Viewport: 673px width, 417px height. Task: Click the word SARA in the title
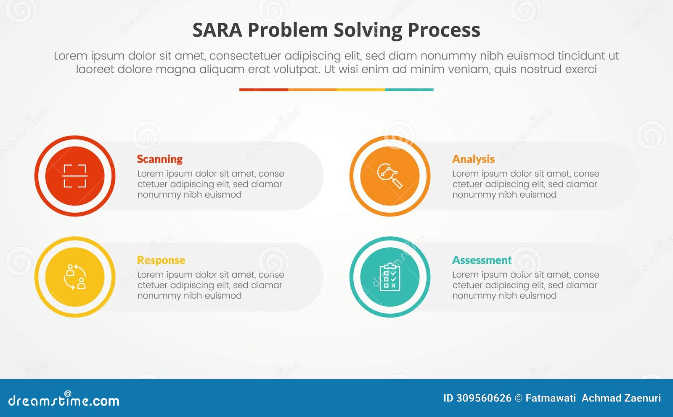click(217, 30)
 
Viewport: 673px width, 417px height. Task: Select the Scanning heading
click(160, 159)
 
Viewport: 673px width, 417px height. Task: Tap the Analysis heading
click(473, 159)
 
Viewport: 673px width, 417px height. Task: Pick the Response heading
click(161, 260)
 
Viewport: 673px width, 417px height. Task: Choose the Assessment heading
click(482, 260)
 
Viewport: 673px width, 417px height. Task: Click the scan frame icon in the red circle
click(75, 176)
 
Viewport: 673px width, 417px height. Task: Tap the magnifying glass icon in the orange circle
click(390, 176)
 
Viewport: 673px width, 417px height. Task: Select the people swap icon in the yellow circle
click(75, 277)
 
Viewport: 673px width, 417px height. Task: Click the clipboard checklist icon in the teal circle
click(390, 277)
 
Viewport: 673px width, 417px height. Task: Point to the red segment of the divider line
click(263, 90)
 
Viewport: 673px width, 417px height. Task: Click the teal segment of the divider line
click(409, 90)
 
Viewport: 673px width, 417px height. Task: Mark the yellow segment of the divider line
click(360, 90)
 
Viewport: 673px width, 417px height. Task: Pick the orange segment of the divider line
click(312, 90)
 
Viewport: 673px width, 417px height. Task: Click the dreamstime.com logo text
click(64, 401)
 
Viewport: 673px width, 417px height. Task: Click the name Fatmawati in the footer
click(551, 398)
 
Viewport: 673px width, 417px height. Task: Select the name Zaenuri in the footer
click(643, 398)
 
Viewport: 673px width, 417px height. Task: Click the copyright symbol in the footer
click(519, 398)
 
